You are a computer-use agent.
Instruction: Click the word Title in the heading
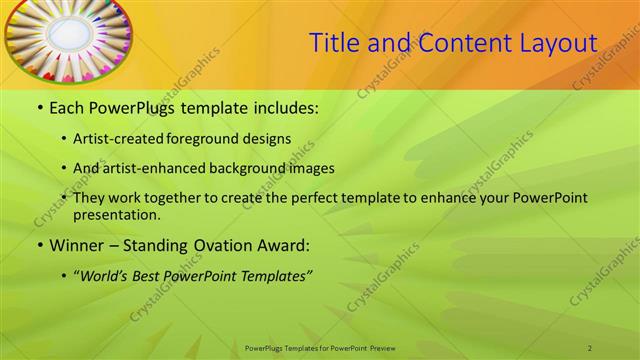pyautogui.click(x=335, y=42)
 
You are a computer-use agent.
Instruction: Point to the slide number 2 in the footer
pyautogui.click(x=591, y=348)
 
